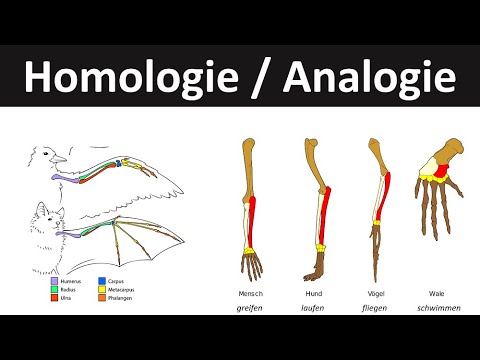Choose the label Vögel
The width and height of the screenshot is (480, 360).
click(x=378, y=294)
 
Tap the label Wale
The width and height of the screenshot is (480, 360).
click(x=437, y=294)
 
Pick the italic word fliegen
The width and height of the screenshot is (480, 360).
click(x=378, y=309)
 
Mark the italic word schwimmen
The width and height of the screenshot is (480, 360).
click(x=437, y=309)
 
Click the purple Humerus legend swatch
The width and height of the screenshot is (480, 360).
click(x=54, y=281)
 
